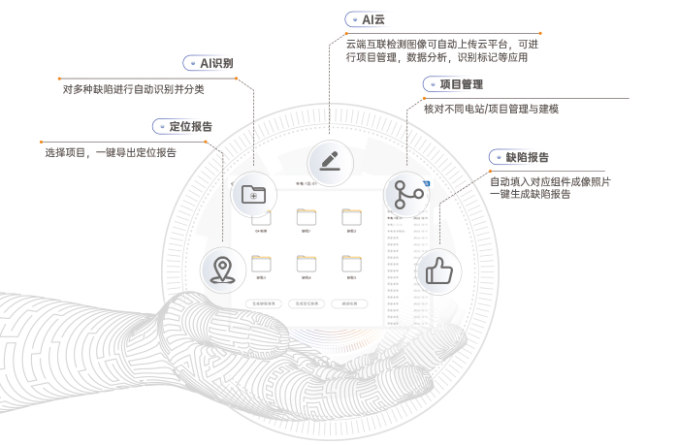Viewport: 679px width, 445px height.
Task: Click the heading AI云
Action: point(373,19)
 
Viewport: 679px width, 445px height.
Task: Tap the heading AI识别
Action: point(216,63)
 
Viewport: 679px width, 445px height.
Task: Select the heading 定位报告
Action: point(190,126)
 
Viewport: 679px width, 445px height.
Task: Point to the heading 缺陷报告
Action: point(528,156)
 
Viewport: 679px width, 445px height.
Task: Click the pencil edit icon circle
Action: point(328,159)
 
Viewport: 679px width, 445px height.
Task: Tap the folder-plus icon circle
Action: point(252,194)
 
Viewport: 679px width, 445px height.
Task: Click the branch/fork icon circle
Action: point(404,194)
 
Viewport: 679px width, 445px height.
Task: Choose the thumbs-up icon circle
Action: point(437,270)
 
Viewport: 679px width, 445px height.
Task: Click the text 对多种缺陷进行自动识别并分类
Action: point(133,89)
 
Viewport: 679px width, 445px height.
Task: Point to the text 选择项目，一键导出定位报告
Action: point(110,152)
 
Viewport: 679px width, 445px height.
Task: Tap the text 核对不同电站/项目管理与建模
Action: point(491,109)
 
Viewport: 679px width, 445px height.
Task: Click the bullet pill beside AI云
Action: point(353,19)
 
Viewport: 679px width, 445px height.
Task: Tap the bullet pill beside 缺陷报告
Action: point(497,156)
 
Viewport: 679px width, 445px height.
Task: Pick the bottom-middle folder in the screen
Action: point(307,262)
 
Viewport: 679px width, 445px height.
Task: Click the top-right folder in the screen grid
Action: point(351,216)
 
